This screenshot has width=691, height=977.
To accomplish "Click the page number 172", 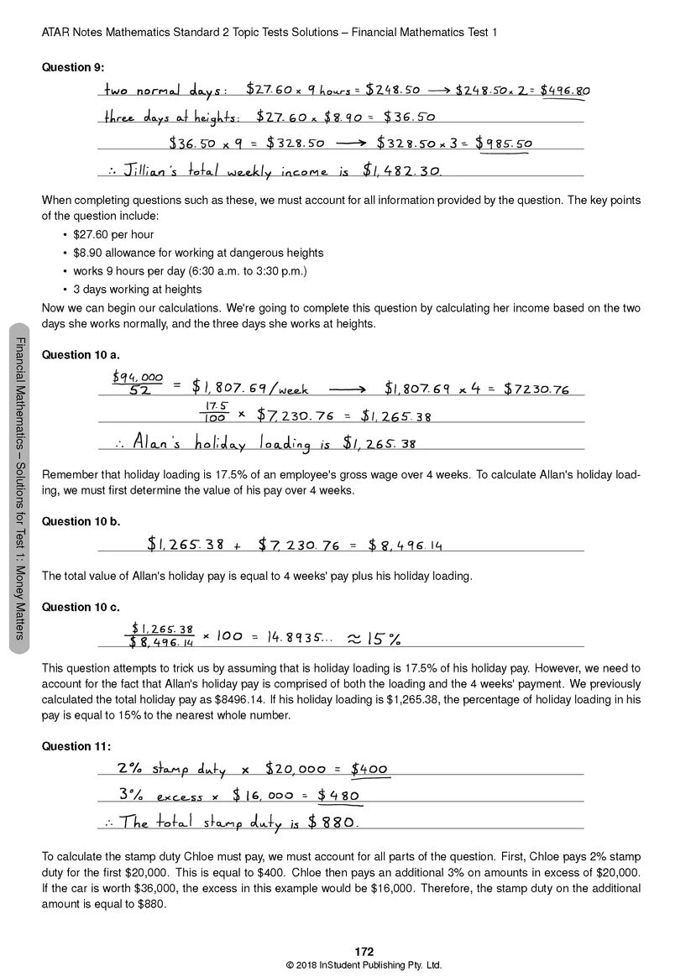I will [x=364, y=952].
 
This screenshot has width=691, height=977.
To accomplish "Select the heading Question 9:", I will [x=73, y=67].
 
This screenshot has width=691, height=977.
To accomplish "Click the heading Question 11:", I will [x=76, y=746].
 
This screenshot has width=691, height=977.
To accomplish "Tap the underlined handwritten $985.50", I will [x=504, y=144].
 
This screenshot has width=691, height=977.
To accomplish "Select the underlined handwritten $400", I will [x=369, y=769].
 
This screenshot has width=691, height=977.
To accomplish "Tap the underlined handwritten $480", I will [x=333, y=796].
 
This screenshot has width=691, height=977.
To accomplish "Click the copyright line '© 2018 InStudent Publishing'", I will [x=364, y=965].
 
